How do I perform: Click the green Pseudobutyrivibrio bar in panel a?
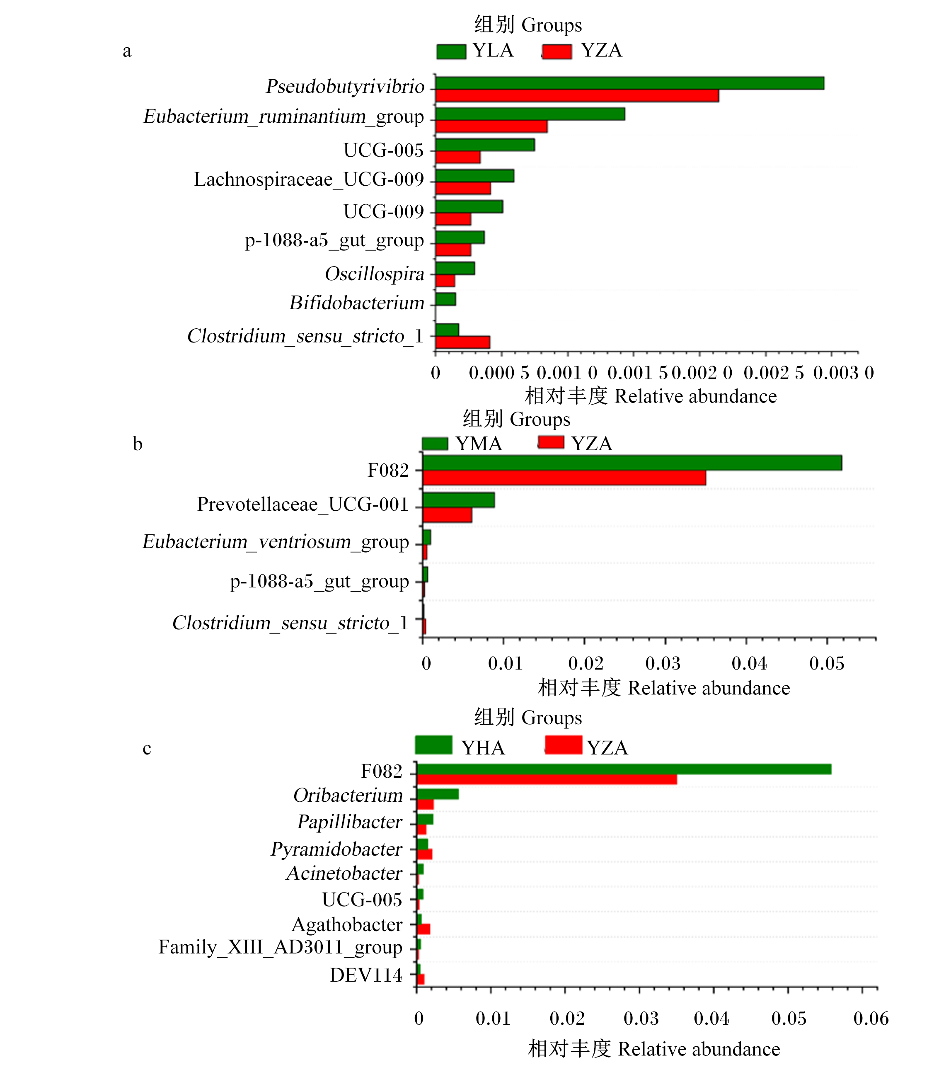pos(629,83)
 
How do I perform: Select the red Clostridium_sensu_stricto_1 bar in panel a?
pos(463,342)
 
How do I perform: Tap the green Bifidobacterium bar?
pos(445,299)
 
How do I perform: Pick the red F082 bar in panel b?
pos(564,478)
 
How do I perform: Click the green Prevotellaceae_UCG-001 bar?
pos(459,500)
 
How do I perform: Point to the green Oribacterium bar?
pos(438,794)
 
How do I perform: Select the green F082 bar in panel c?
pos(624,769)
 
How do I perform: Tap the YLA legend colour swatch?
pos(451,51)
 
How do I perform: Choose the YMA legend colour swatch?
pos(435,443)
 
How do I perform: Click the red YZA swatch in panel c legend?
pos(564,745)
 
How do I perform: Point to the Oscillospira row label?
pos(375,274)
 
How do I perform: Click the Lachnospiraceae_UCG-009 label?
pos(309,179)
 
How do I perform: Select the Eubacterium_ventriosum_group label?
pos(276,542)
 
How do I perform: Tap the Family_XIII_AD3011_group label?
pos(281,947)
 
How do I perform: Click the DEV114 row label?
pos(366,975)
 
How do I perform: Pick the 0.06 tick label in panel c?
pos(871,1018)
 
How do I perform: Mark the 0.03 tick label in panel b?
pos(663,663)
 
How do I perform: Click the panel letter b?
pos(138,444)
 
